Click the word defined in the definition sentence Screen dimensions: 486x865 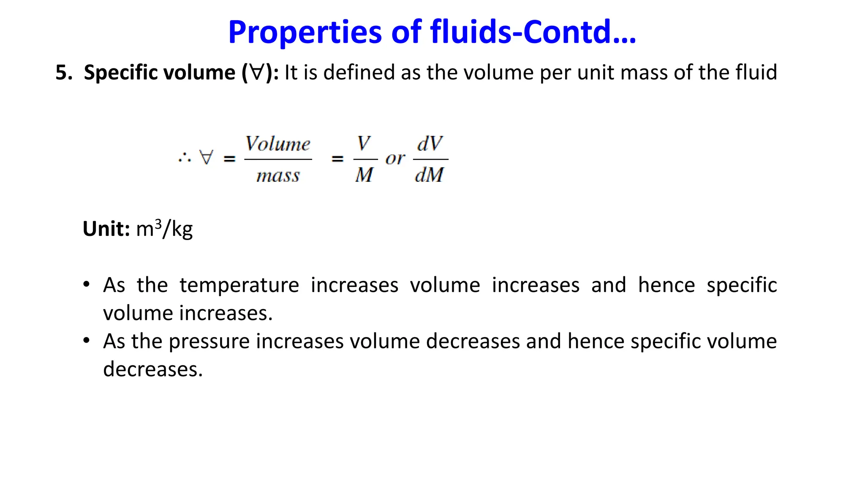coord(359,72)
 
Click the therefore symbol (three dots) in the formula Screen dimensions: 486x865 coord(185,159)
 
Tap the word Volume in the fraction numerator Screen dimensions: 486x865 coord(278,144)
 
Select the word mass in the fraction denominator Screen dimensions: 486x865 coord(278,175)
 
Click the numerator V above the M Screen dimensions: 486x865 coord(364,143)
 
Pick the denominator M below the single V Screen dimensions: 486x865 coord(364,175)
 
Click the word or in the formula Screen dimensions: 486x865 coord(395,159)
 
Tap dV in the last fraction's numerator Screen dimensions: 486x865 coord(430,143)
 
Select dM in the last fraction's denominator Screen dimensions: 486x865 coord(430,175)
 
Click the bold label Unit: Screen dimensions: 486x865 coord(106,229)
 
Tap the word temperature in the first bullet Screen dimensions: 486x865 coord(239,285)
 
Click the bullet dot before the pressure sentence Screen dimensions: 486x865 coord(87,340)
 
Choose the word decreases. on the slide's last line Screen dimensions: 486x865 coord(153,369)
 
